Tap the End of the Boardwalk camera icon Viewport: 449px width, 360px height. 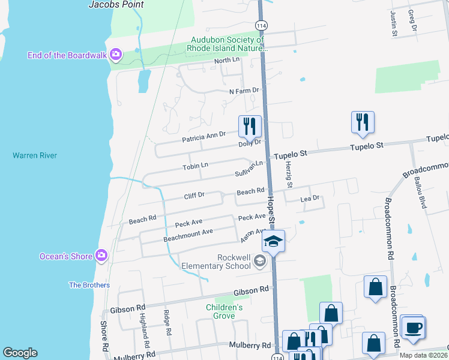(x=116, y=55)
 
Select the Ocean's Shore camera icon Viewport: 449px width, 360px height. (x=101, y=256)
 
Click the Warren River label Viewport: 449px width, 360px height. (x=35, y=155)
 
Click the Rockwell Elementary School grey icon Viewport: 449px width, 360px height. (x=260, y=260)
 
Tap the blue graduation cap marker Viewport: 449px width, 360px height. (x=273, y=242)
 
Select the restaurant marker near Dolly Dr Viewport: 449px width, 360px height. (x=250, y=125)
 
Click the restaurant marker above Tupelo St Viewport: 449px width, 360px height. (x=363, y=121)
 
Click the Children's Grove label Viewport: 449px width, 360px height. (x=224, y=311)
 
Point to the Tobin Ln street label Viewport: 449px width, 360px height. (x=195, y=166)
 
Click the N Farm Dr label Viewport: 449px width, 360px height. (x=244, y=91)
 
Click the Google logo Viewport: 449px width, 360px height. (x=20, y=353)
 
